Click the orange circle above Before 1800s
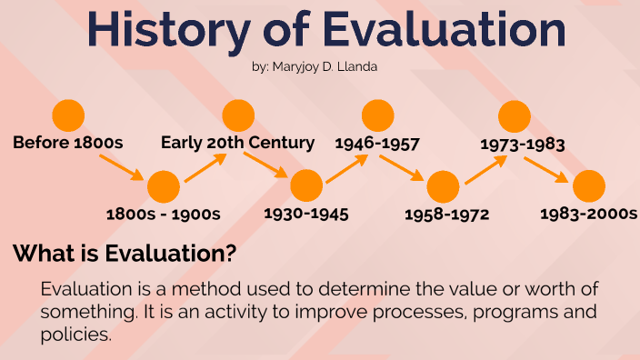[68, 115]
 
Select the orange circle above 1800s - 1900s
[164, 186]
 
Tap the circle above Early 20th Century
[238, 115]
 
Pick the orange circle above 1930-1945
[306, 186]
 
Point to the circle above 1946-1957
[377, 115]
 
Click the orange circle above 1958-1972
[443, 186]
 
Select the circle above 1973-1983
[515, 115]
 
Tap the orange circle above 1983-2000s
[588, 186]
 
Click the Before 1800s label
[67, 143]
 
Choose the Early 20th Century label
[237, 143]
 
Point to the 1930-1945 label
[306, 215]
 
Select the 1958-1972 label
[447, 215]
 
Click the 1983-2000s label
[588, 215]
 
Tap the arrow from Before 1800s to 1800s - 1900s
[121, 166]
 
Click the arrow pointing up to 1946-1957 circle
[346, 168]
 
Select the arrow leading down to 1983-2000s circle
[548, 168]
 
